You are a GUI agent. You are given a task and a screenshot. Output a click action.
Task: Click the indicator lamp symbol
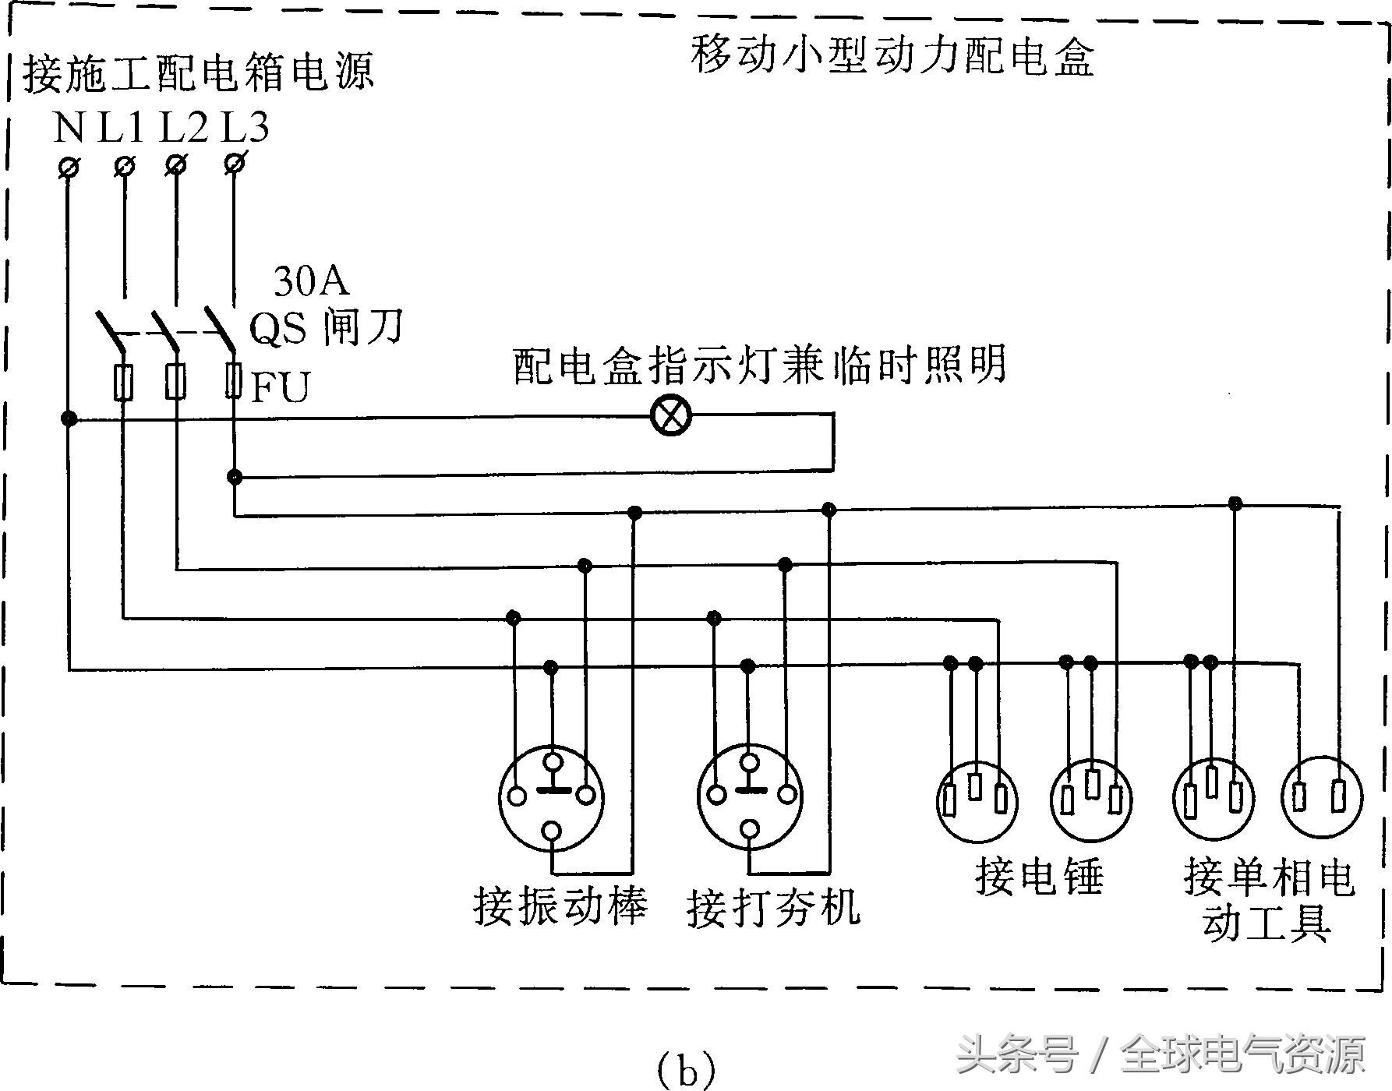click(x=670, y=415)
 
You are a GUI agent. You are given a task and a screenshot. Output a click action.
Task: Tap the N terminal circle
click(x=69, y=167)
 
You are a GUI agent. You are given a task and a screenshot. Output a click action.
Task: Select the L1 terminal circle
click(x=125, y=165)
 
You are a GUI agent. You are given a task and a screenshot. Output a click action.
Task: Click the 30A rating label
click(x=311, y=281)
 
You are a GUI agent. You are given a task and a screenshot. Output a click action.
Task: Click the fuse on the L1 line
click(x=123, y=383)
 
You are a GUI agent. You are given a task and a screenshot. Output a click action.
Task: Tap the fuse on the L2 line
click(x=176, y=382)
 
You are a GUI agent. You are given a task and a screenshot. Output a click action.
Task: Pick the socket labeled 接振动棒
click(x=552, y=796)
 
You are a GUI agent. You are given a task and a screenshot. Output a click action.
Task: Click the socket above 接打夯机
click(x=750, y=795)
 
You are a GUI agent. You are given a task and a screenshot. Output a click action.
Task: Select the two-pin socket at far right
click(x=1322, y=796)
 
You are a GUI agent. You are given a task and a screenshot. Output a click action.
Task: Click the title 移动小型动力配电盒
click(x=892, y=56)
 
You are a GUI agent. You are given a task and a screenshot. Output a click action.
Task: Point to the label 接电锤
click(x=1039, y=877)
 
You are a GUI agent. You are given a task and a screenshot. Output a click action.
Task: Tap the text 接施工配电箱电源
click(x=199, y=72)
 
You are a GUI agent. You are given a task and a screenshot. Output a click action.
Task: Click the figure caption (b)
click(x=685, y=1071)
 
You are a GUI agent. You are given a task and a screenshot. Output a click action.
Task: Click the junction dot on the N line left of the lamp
click(x=69, y=419)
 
